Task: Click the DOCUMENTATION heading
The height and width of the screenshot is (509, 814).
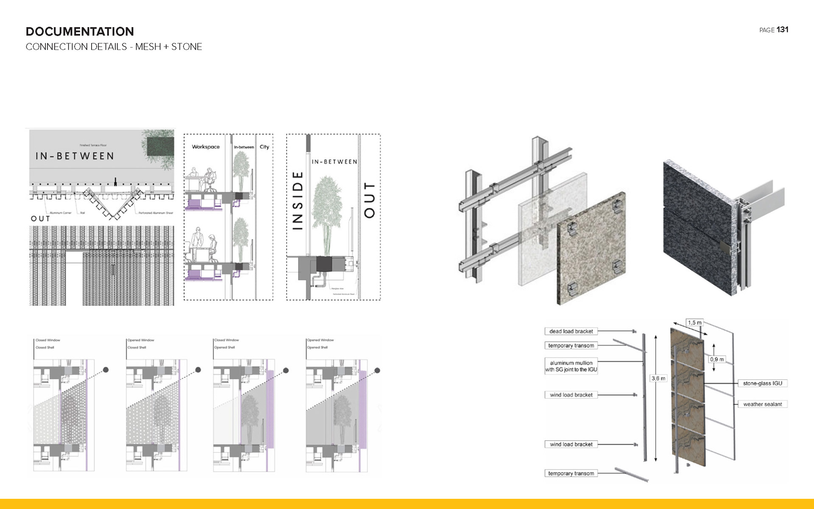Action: [80, 31]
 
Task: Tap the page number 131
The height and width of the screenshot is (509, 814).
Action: [782, 30]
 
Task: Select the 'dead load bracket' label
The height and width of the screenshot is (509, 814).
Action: [571, 331]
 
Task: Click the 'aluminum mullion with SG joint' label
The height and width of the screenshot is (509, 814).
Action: [571, 366]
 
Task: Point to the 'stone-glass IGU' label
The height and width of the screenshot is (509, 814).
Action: [762, 383]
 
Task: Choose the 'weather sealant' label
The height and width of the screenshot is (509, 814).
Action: [762, 404]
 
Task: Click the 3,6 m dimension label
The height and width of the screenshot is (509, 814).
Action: [658, 378]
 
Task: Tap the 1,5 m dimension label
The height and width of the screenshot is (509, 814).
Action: [694, 323]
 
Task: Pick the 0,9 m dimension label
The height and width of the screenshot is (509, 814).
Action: [716, 359]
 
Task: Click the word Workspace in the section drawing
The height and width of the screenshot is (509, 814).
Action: [206, 147]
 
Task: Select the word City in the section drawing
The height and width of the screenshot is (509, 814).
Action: [264, 147]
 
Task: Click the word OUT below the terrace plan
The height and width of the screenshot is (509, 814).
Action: [40, 219]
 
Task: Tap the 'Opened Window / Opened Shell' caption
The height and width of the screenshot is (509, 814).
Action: [320, 344]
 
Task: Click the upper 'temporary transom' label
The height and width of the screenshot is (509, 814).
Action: [571, 346]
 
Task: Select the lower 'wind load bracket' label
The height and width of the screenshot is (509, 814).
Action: [571, 445]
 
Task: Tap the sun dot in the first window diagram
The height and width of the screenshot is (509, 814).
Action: [106, 370]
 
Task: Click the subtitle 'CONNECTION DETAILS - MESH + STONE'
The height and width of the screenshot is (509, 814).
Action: [114, 47]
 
